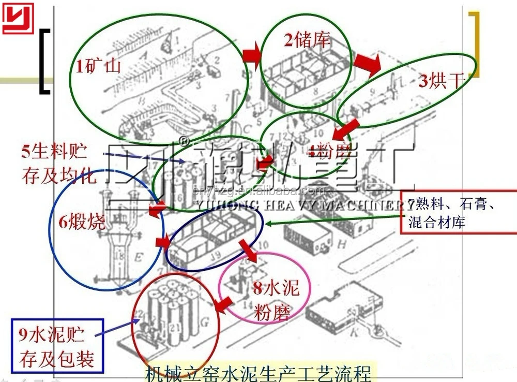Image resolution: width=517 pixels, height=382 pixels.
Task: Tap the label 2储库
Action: point(307,40)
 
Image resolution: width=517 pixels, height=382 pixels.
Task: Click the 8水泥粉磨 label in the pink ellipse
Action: point(276,300)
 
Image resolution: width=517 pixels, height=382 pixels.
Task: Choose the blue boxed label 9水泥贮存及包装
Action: point(57,347)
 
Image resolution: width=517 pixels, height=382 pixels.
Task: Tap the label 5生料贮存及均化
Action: point(58,164)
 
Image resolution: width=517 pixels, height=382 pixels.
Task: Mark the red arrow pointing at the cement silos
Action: point(223,304)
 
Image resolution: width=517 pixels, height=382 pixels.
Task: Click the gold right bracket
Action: point(475,44)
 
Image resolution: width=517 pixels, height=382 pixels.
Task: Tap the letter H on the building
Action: point(341,242)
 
